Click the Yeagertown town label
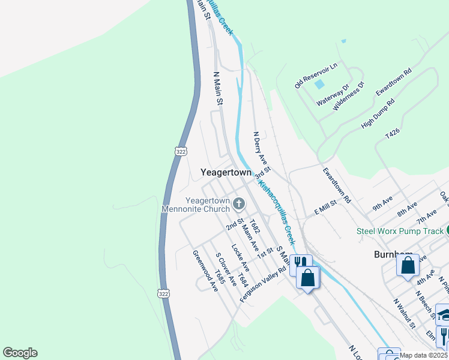point(226,172)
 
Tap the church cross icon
point(239,205)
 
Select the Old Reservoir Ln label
point(316,74)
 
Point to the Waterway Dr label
point(333,95)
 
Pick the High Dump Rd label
point(378,114)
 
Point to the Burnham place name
point(393,254)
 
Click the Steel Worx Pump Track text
point(399,230)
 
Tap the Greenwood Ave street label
point(205,271)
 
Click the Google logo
point(20,353)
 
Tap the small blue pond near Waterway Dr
point(319,85)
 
